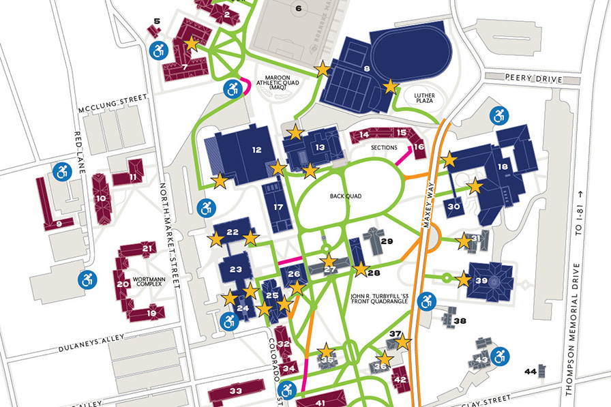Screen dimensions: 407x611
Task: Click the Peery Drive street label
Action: click(x=524, y=79)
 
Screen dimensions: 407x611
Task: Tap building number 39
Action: click(x=481, y=281)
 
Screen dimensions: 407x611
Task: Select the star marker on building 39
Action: click(x=464, y=279)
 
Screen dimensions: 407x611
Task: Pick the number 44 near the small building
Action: click(x=530, y=372)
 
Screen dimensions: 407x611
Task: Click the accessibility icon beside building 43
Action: click(x=501, y=355)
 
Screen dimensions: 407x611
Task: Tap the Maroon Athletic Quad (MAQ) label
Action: click(x=278, y=82)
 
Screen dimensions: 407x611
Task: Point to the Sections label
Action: click(x=384, y=147)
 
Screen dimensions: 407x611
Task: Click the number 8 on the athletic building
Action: click(x=366, y=68)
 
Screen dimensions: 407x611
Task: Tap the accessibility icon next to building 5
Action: click(x=159, y=49)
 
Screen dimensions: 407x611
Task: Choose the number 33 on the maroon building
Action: click(x=236, y=391)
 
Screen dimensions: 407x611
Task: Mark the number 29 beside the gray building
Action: click(x=387, y=241)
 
